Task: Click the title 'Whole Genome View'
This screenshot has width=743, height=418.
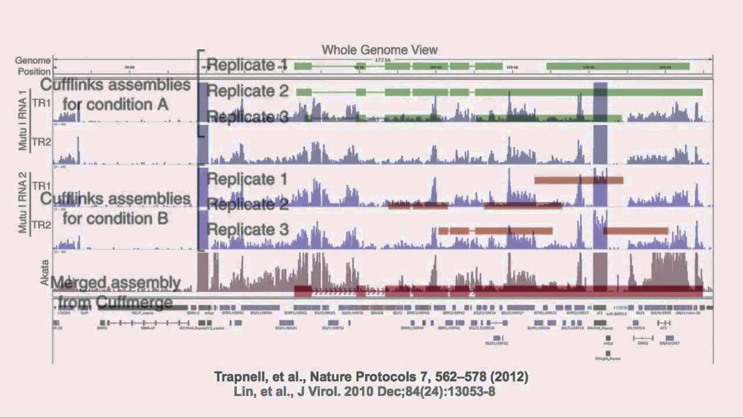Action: click(380, 50)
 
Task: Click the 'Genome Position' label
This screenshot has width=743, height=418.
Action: click(33, 66)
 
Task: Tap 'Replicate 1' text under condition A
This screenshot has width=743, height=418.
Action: click(247, 64)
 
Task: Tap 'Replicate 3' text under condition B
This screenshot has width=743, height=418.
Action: click(247, 229)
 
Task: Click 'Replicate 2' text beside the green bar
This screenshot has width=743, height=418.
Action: click(247, 91)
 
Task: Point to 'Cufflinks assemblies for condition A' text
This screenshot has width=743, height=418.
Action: click(116, 95)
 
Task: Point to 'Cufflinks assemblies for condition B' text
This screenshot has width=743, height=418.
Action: click(116, 208)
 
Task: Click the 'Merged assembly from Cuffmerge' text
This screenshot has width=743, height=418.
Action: click(116, 293)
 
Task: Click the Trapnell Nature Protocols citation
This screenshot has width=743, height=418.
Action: click(371, 377)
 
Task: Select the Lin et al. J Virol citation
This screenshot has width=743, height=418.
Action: click(364, 391)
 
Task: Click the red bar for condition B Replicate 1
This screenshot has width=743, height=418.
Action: click(578, 181)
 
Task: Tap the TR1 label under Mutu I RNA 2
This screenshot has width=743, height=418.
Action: click(40, 185)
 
